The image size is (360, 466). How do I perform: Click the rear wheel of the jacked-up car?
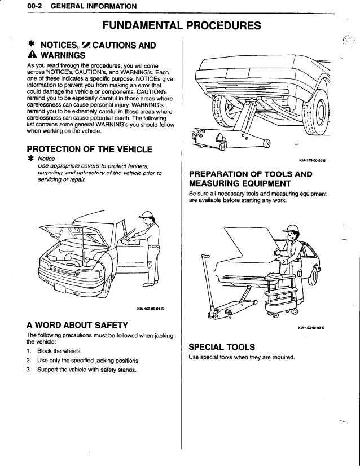[x=322, y=117]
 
